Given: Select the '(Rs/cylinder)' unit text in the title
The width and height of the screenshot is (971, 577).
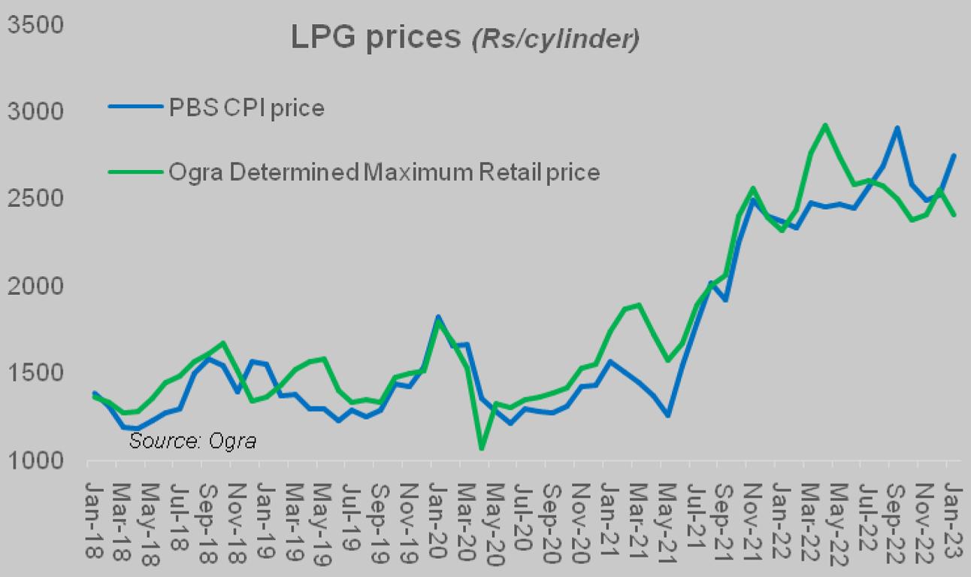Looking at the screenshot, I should (555, 40).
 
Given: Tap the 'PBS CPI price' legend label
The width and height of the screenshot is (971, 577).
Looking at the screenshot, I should (248, 108).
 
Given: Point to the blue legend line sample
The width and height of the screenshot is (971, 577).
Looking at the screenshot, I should (135, 108).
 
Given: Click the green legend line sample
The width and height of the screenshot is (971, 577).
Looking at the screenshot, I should (135, 172).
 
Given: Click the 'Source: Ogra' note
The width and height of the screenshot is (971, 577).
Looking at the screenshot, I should (192, 442).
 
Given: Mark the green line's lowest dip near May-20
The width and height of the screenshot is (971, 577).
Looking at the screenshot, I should (481, 449).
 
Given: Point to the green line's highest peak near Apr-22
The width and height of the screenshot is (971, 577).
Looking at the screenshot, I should (825, 125).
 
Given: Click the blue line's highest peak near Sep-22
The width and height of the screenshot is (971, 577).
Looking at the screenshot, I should (897, 128).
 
